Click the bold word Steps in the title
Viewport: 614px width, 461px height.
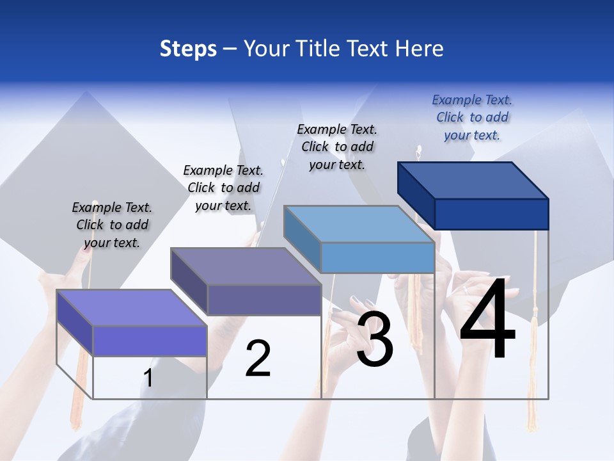(x=188, y=49)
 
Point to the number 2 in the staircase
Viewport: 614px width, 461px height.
(x=258, y=359)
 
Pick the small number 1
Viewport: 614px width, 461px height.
(x=148, y=378)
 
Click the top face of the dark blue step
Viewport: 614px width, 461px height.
(x=473, y=180)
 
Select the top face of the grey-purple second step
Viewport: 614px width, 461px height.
(x=246, y=266)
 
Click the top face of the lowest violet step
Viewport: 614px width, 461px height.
(x=132, y=308)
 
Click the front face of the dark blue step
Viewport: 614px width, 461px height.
(x=491, y=214)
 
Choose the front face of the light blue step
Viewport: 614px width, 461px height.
(x=377, y=257)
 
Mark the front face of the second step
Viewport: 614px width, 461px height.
(x=264, y=300)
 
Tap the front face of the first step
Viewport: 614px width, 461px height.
(x=150, y=341)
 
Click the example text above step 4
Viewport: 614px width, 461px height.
(x=472, y=117)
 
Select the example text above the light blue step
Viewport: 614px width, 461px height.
(x=337, y=147)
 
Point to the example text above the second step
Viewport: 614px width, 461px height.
(x=223, y=188)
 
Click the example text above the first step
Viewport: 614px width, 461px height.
(x=112, y=225)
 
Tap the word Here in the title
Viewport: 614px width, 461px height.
(x=420, y=49)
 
